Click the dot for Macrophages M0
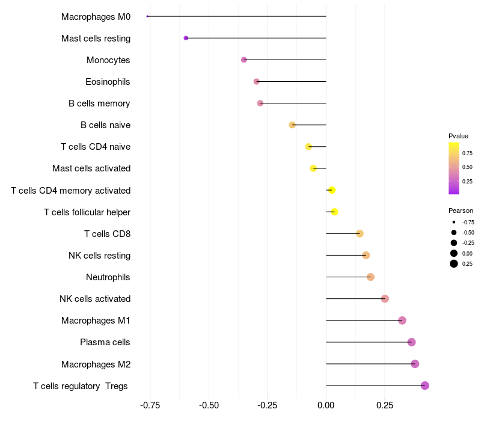(148, 16)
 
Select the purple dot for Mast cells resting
(186, 38)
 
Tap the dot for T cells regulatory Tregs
(425, 386)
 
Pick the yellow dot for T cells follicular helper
(334, 212)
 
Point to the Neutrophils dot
(370, 277)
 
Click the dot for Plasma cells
(411, 342)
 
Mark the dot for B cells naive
(292, 125)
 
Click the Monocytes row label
(108, 60)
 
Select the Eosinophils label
(108, 82)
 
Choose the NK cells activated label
(95, 299)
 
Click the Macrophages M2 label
(96, 364)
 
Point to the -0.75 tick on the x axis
(150, 405)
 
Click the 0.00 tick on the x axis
(326, 405)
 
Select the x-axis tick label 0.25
(385, 405)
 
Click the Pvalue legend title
(458, 136)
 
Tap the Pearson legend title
(461, 210)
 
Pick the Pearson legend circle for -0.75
(454, 222)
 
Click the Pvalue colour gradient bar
(454, 168)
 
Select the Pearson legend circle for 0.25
(454, 263)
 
